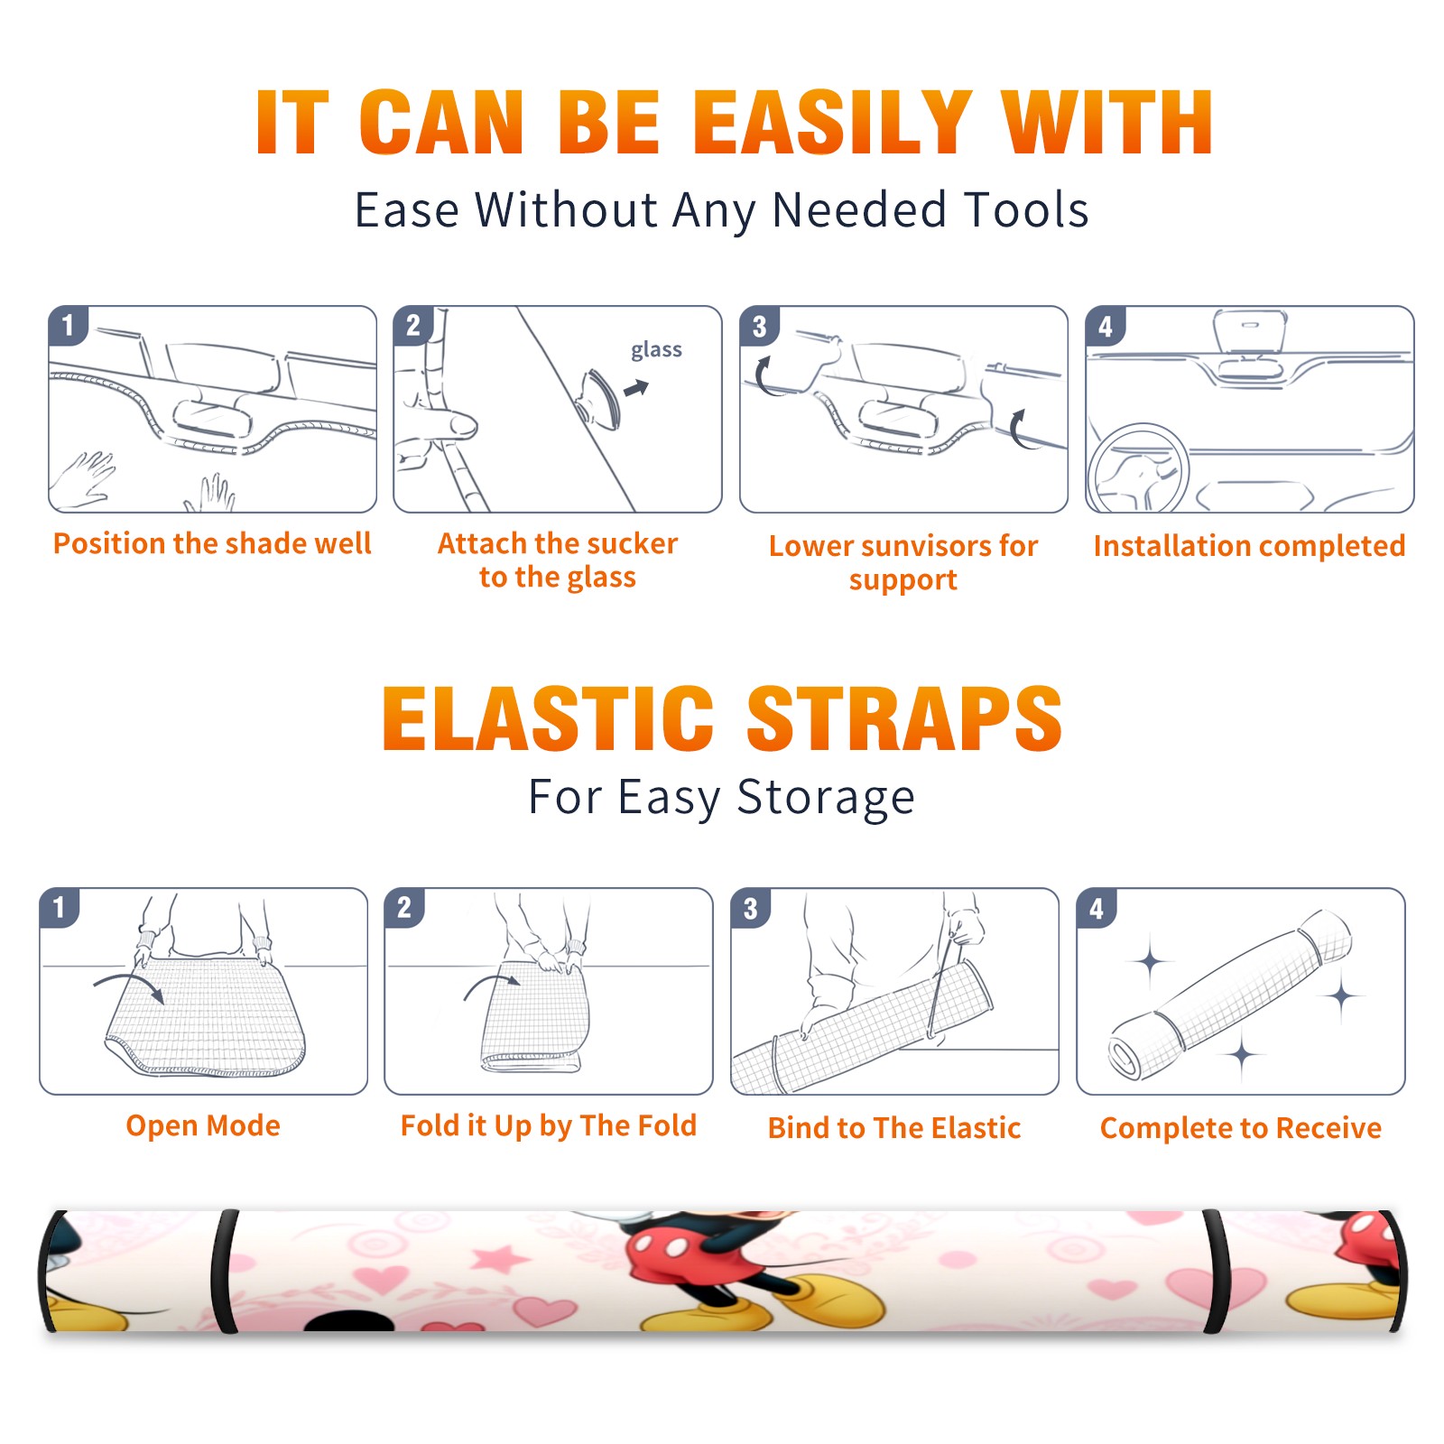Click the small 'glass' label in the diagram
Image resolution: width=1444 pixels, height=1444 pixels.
coord(656,350)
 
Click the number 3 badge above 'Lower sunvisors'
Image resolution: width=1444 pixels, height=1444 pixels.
coord(759,326)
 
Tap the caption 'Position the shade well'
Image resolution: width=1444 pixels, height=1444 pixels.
coord(212,543)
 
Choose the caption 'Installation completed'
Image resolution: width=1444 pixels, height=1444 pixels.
coord(1249,546)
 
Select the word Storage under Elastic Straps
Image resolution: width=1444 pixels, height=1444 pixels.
coord(826,798)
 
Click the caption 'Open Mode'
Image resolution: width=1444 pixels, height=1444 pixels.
coord(203,1125)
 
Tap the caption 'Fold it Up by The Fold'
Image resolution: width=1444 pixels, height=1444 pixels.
coord(549,1125)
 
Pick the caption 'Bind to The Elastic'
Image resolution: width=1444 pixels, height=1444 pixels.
coord(894,1128)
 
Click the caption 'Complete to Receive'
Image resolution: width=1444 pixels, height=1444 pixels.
coord(1241,1128)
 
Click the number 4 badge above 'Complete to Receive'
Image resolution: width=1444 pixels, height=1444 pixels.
coord(1097,908)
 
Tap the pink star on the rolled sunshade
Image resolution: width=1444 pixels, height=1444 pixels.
coord(502,1258)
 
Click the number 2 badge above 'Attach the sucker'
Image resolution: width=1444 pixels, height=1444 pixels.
coord(413,326)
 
